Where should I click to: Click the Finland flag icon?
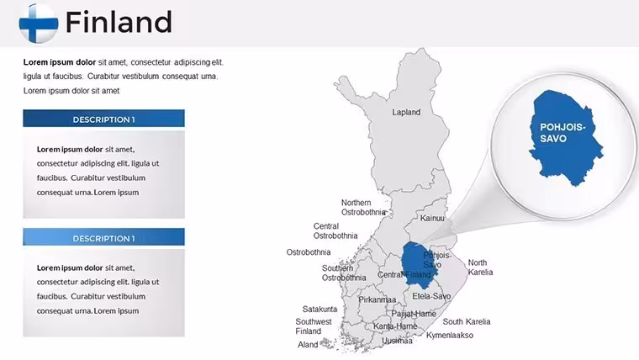tap(39, 24)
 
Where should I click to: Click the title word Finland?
tap(119, 22)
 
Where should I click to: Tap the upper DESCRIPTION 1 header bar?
tap(103, 119)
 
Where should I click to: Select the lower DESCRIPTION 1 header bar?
tap(103, 237)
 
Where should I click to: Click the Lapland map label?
tap(406, 112)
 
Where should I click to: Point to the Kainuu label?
tap(432, 218)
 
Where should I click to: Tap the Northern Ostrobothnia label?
tap(363, 208)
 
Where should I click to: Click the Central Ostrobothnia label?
tap(335, 230)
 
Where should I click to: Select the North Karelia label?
tap(480, 267)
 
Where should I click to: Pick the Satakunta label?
tap(319, 309)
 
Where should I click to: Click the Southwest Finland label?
tap(314, 326)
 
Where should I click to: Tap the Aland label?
tap(308, 345)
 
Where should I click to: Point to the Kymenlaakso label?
tap(450, 336)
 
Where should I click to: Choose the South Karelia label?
tap(467, 321)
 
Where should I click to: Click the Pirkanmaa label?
tap(377, 299)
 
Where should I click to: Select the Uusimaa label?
tap(397, 341)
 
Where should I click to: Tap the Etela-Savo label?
tap(431, 296)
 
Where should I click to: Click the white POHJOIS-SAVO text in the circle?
tap(562, 133)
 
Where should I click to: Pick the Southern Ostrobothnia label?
tap(344, 273)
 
